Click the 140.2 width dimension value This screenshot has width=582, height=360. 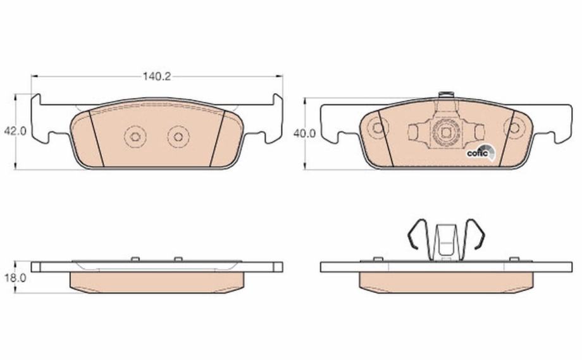pos(157,77)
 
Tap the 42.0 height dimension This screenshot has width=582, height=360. pos(15,132)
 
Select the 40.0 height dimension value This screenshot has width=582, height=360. pos(304,133)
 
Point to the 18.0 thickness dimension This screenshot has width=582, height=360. pos(15,278)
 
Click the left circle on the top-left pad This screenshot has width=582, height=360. pos(135,137)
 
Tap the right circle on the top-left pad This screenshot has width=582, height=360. pos(178,137)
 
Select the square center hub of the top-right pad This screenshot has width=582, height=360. pos(445,132)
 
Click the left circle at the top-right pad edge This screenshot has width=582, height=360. pos(377,128)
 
